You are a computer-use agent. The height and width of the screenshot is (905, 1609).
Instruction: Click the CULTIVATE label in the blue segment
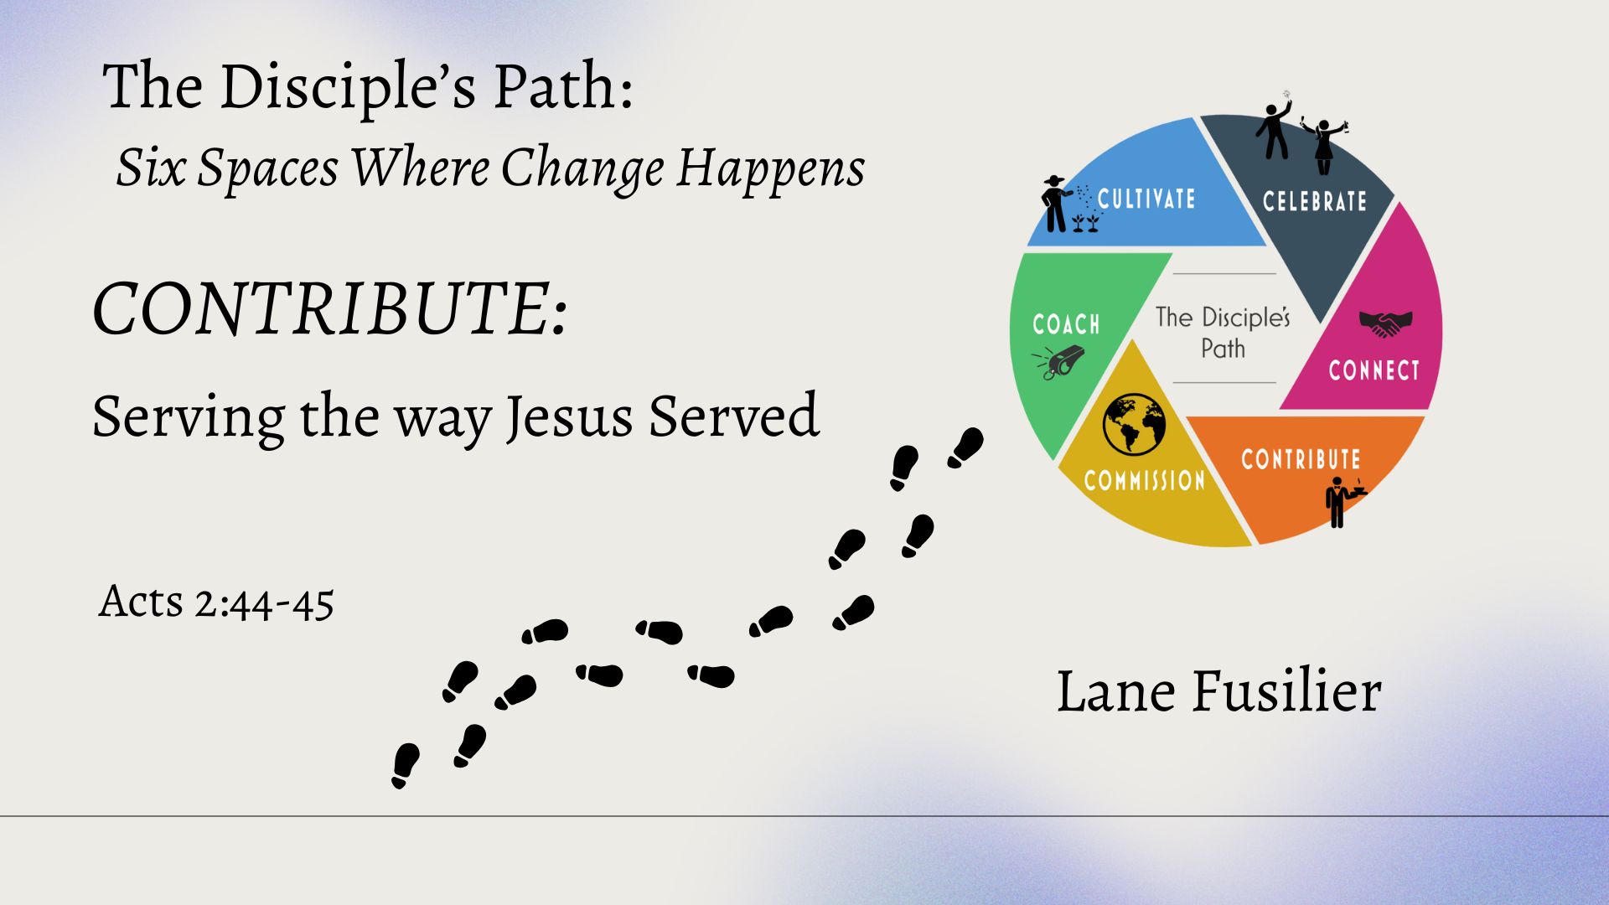coord(1146,199)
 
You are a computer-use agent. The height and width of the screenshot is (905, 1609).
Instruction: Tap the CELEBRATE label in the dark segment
coord(1314,201)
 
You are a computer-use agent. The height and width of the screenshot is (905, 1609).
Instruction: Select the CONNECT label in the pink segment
coord(1374,370)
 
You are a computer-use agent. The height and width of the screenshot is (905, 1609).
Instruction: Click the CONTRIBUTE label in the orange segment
coord(1301,459)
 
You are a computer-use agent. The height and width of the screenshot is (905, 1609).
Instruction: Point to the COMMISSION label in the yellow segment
coord(1144,480)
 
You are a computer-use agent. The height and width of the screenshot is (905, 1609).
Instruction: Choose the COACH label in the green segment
coord(1066,324)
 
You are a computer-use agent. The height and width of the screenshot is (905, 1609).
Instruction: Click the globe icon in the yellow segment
coord(1134,423)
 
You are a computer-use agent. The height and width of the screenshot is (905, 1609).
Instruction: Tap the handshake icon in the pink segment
coord(1385,323)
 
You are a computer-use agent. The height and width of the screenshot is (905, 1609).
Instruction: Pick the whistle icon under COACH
coord(1058,362)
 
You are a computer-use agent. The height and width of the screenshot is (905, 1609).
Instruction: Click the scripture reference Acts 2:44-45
coord(216,602)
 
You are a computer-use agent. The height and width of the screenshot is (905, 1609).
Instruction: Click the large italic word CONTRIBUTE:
coord(330,308)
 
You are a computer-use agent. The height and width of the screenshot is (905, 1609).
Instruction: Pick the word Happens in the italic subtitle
coord(770,168)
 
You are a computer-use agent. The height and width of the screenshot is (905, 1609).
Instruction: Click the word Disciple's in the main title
coord(347,86)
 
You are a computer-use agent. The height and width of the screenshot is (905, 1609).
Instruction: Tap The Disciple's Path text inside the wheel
coord(1223,332)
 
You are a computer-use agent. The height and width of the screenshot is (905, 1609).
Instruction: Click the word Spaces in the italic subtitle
coord(268,168)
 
